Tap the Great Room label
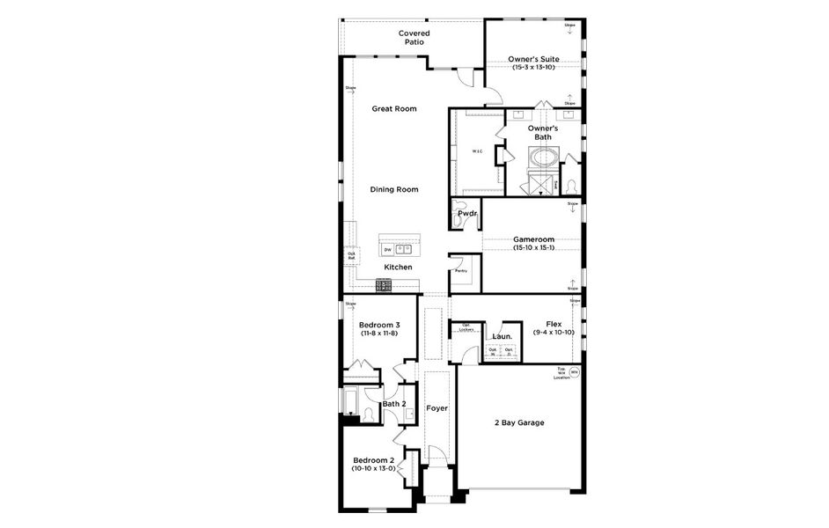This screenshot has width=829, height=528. point(393,109)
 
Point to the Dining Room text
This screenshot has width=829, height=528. point(393,189)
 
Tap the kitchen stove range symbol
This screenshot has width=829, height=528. point(384,284)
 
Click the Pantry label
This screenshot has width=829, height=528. point(460,272)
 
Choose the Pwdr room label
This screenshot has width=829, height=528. point(467,214)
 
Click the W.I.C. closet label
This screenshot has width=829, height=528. point(477,151)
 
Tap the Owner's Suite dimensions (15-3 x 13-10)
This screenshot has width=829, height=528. point(533,68)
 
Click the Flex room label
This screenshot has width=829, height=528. point(554,323)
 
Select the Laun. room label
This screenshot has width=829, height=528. point(503,335)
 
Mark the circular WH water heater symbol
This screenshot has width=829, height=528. point(575,372)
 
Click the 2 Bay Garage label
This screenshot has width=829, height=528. point(518,422)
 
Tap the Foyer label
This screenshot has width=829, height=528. point(437,408)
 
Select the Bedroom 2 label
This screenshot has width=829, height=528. point(372,460)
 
